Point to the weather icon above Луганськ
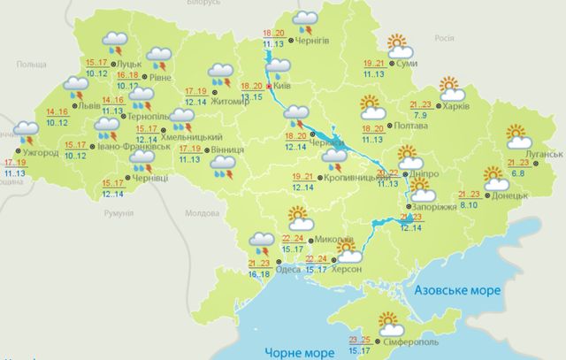[518, 135]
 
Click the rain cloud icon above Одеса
[263, 239]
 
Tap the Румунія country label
[116, 215]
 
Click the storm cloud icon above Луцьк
[114, 40]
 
